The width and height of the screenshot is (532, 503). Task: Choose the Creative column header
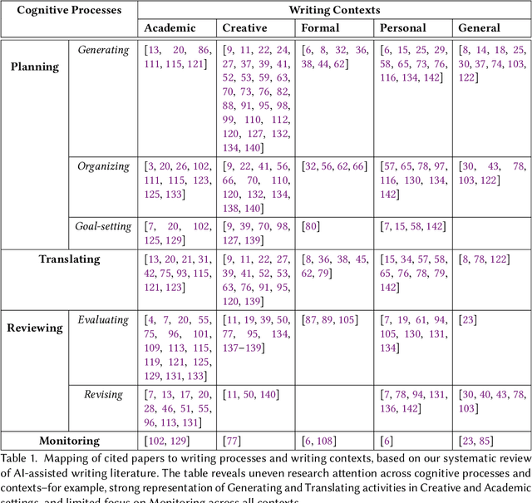(245, 28)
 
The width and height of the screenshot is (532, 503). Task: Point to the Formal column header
(321, 28)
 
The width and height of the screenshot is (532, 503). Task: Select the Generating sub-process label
(103, 50)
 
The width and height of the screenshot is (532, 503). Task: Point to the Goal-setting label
(103, 226)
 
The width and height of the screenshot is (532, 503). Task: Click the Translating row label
(69, 259)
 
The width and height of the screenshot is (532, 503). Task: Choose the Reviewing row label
(35, 328)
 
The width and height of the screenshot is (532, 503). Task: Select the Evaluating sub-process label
(103, 320)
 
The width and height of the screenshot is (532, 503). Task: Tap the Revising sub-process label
(103, 395)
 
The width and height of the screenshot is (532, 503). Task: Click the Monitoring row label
(69, 441)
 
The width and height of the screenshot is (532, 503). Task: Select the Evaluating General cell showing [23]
(468, 320)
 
